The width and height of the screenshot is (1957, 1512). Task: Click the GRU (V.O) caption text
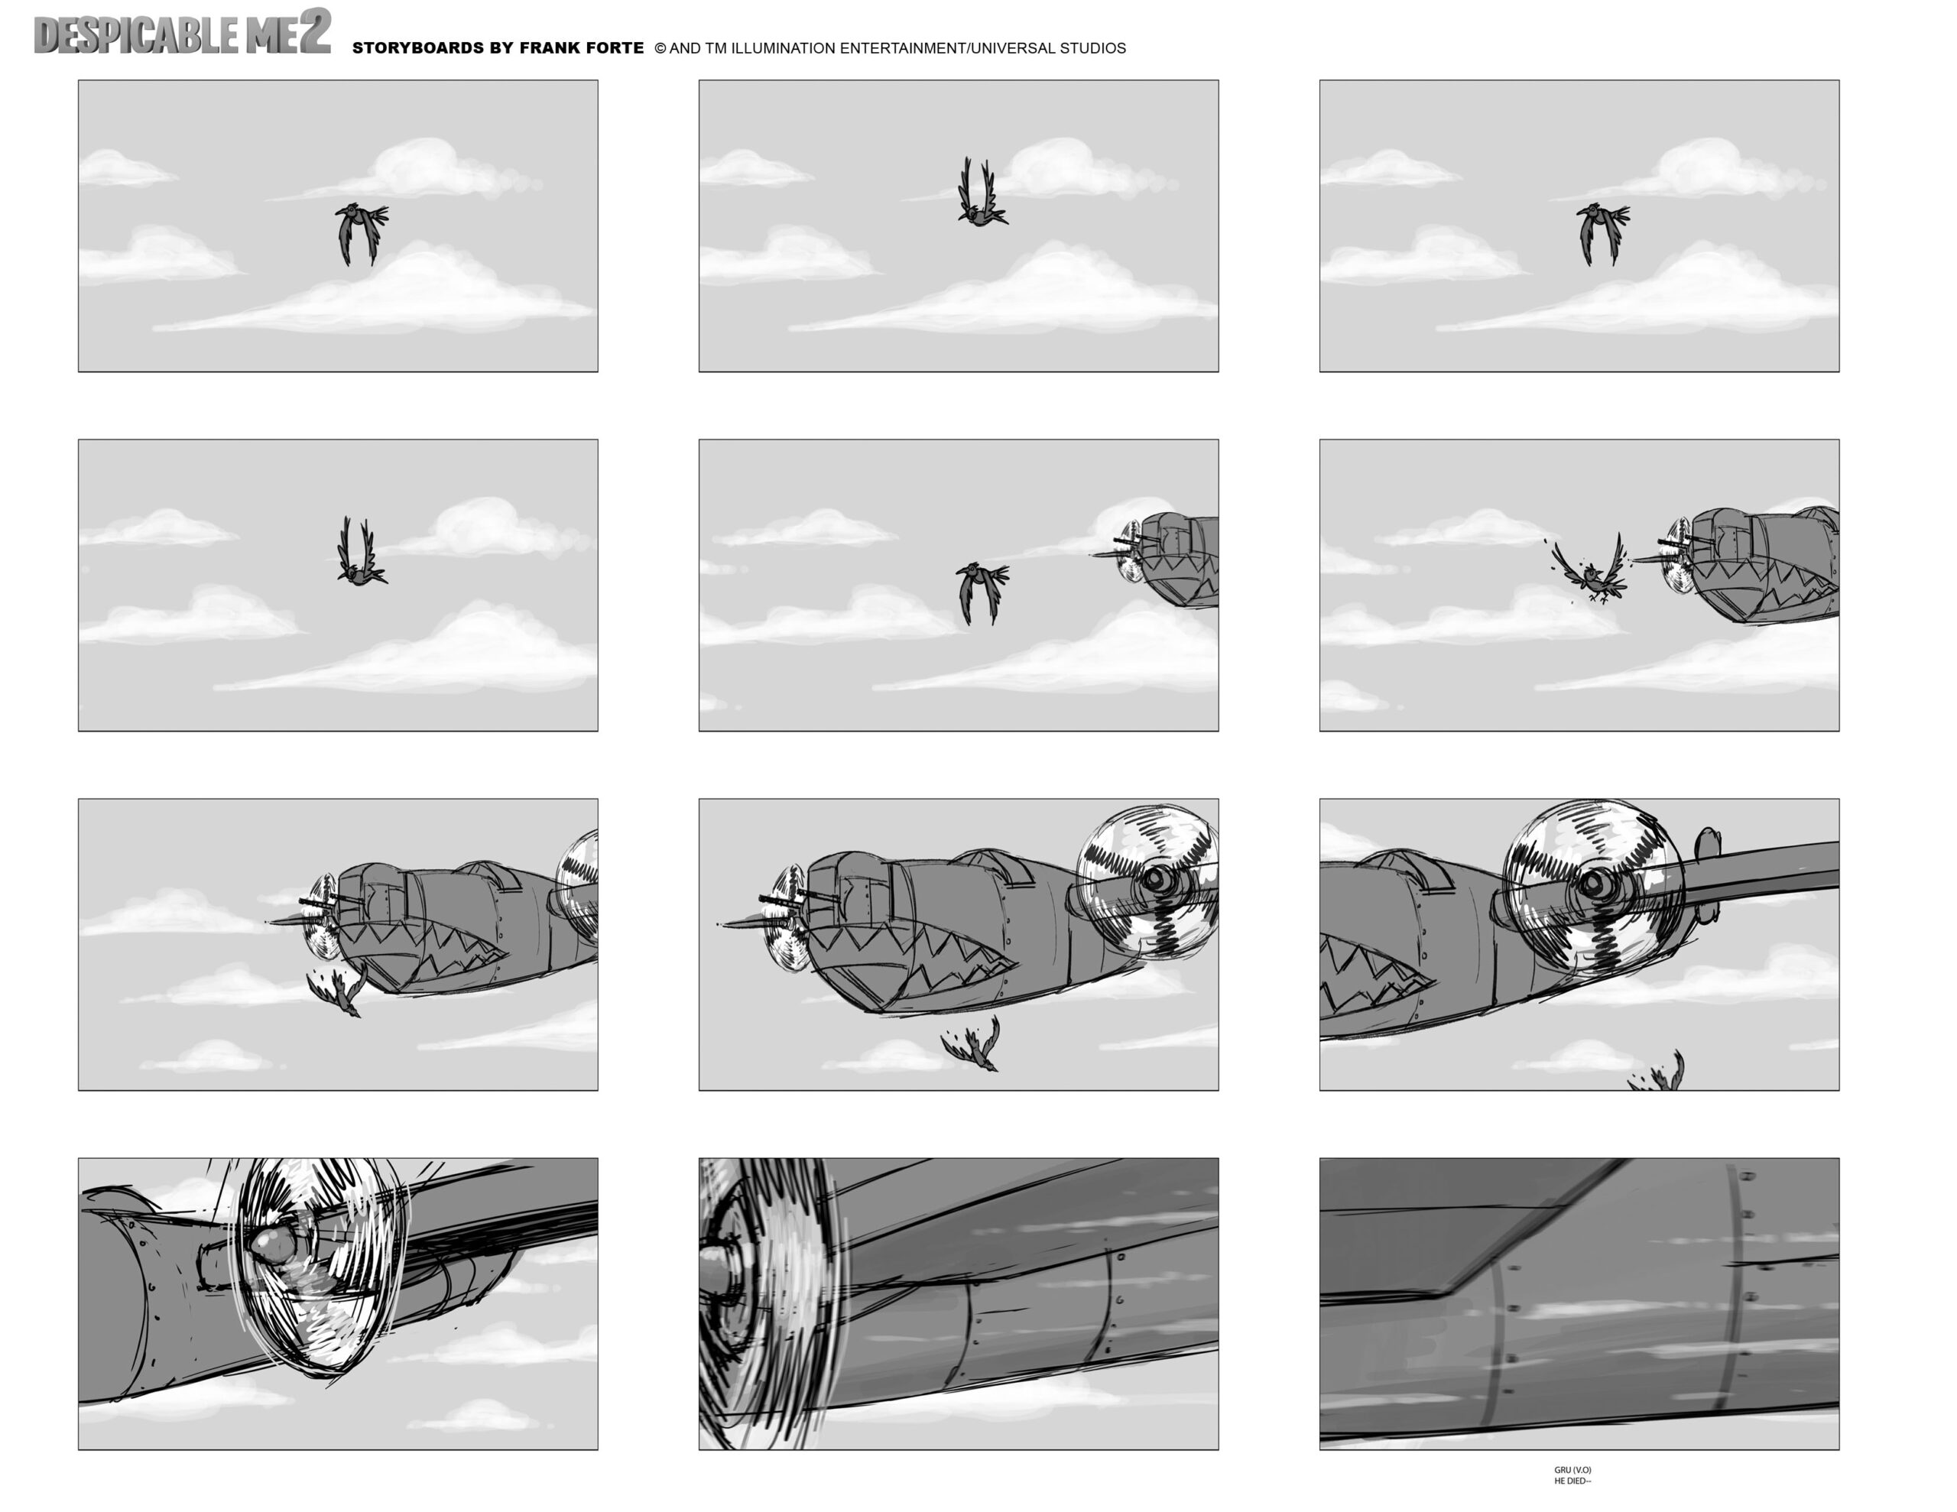point(1572,1470)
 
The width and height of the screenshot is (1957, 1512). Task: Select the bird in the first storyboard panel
point(360,232)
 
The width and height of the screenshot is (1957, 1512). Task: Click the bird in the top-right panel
point(1602,232)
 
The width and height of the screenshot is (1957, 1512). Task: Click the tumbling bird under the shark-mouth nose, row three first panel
point(339,991)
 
